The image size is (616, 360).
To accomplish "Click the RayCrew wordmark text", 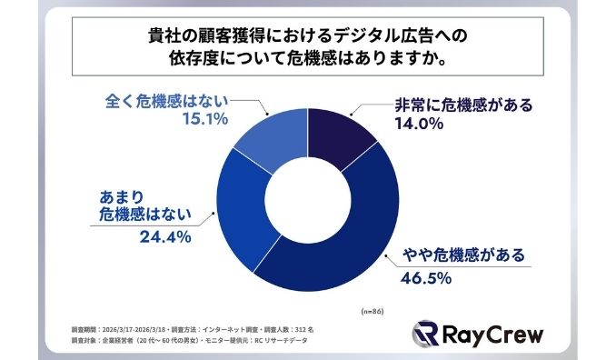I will click(497, 334).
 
